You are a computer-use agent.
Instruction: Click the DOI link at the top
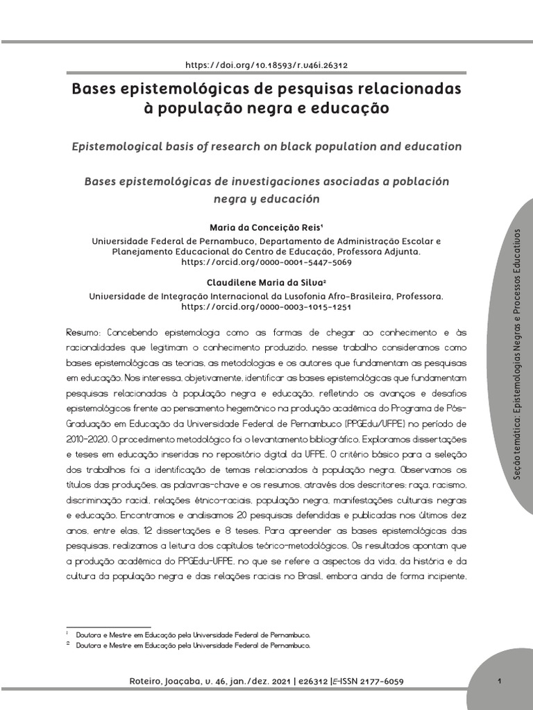point(266,65)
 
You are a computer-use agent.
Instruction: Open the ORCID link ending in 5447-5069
point(266,263)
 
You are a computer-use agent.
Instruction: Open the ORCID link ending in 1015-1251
point(266,306)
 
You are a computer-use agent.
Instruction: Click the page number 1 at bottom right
point(500,681)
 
